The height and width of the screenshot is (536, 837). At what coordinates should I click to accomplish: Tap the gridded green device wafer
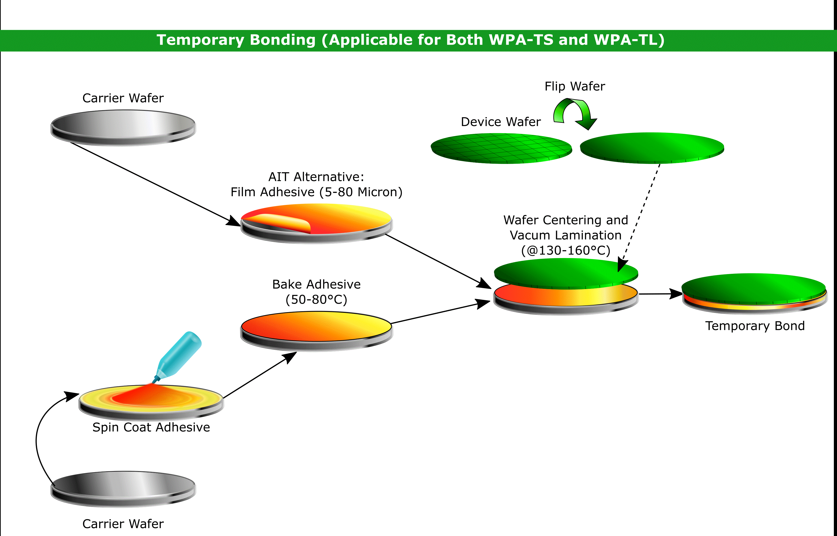point(501,149)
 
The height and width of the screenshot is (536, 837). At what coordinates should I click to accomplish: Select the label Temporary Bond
point(755,326)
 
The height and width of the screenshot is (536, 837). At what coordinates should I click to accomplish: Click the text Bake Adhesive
point(316,284)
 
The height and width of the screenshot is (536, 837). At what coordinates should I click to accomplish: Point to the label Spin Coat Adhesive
point(151,427)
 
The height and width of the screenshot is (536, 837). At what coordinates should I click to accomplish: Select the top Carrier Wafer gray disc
point(123,127)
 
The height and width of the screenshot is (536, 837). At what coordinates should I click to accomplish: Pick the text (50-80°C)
point(316,299)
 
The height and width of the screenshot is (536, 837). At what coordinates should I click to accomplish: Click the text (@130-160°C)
point(566,250)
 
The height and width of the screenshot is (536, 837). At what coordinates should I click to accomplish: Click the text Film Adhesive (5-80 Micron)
point(316,192)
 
